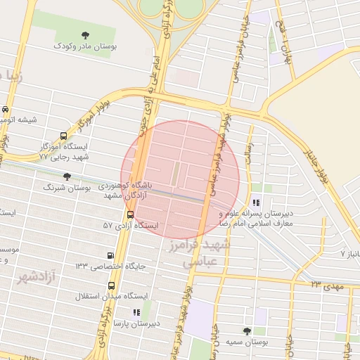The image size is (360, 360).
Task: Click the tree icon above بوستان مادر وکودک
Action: [x=86, y=35]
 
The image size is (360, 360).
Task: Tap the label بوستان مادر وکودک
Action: [x=86, y=46]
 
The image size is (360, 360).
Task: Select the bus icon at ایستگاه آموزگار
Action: [x=65, y=136]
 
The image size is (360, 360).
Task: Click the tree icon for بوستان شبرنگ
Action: [x=67, y=176]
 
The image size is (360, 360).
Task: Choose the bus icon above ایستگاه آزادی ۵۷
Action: [x=130, y=214]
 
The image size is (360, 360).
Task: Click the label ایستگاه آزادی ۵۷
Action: [x=130, y=226]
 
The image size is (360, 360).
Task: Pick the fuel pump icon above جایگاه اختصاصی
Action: [x=110, y=255]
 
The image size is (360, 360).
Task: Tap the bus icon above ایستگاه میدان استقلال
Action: [x=112, y=285]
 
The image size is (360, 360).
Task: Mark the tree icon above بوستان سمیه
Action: [x=247, y=330]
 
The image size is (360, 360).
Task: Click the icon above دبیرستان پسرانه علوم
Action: [x=256, y=202]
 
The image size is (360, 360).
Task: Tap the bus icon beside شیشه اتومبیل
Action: [x=6, y=109]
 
